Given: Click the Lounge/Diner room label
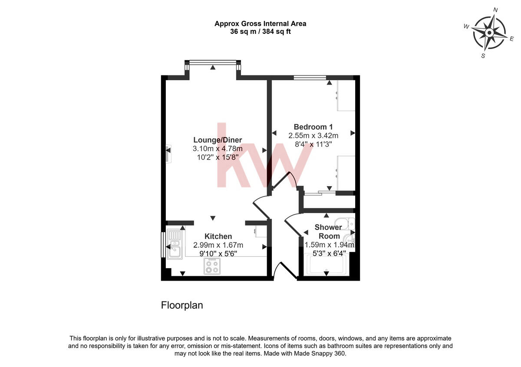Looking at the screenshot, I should (x=218, y=140).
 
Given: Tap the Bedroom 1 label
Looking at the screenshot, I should (x=313, y=127).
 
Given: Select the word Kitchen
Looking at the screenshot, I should (x=218, y=236).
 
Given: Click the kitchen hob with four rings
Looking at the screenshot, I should (x=212, y=266).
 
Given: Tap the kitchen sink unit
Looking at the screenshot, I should (x=175, y=245).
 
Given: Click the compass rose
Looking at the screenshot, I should (x=489, y=33).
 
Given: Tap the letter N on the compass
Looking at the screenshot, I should (x=495, y=10).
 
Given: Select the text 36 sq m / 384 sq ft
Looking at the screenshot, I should (x=260, y=31).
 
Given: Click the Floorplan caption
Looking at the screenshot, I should (x=182, y=305).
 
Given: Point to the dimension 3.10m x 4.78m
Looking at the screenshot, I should (x=218, y=149).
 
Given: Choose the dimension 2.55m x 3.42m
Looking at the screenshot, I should (x=313, y=136).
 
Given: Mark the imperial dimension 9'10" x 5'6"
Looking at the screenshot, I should (x=218, y=253).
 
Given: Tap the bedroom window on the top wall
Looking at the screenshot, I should (x=310, y=78).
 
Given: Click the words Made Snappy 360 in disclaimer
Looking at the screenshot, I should (x=320, y=354).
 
